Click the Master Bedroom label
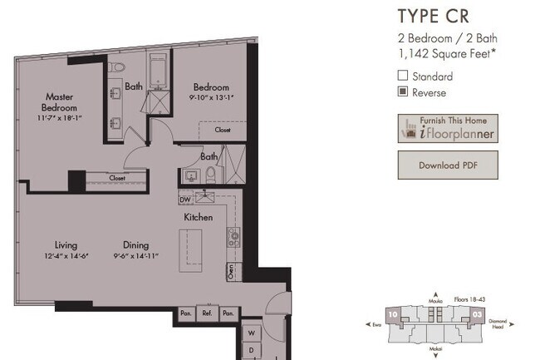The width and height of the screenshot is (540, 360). [x=61, y=102]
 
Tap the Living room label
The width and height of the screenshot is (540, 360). [x=66, y=245]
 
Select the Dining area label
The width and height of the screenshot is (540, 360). [x=136, y=245]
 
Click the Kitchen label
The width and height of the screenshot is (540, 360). [x=199, y=217]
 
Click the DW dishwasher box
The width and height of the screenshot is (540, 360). [x=184, y=200]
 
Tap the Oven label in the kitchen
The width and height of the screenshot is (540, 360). [x=232, y=270]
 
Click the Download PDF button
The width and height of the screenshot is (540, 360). [x=447, y=165]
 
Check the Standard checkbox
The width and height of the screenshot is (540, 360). [x=403, y=76]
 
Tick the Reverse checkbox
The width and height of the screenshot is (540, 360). [x=403, y=91]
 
